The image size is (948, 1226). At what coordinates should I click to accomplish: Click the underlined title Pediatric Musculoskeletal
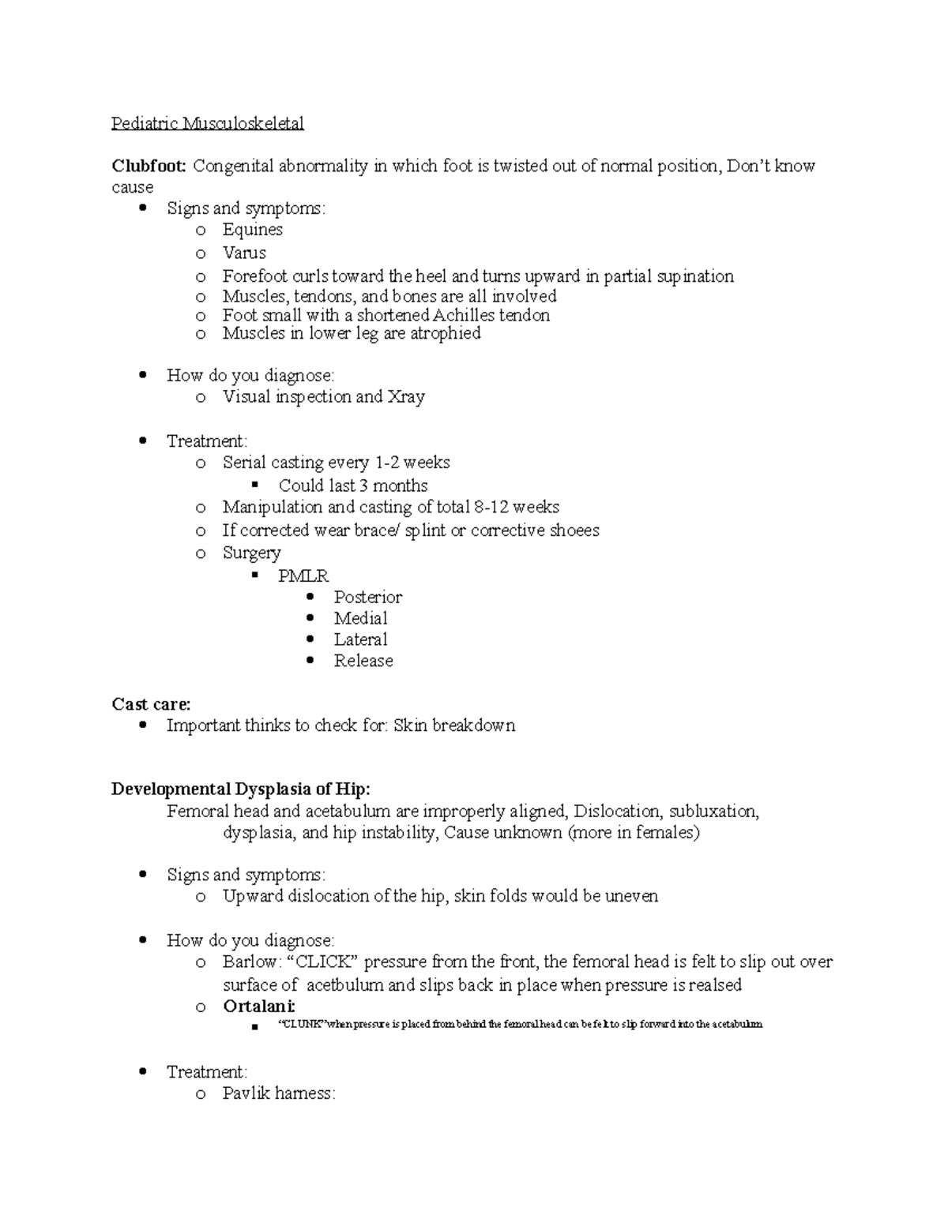pos(207,123)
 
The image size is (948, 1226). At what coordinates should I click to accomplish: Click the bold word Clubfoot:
pos(149,166)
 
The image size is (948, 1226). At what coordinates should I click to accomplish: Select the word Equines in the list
pos(252,230)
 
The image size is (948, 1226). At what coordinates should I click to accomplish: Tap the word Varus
pos(244,253)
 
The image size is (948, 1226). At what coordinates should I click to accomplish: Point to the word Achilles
pos(469,315)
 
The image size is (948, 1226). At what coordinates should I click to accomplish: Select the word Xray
pos(406,396)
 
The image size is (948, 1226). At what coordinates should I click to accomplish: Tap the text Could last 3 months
pos(352,486)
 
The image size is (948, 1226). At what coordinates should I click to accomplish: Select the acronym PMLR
pos(303,576)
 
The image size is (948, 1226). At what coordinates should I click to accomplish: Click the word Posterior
pos(367,597)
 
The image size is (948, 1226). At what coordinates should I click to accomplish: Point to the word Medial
pos(360,618)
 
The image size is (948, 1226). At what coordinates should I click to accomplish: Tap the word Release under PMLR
pos(363,661)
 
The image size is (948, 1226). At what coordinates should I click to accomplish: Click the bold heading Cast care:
pos(151,703)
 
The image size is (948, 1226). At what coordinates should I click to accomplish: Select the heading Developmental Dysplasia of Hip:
pos(240,789)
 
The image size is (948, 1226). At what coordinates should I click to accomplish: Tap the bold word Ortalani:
pos(259,1007)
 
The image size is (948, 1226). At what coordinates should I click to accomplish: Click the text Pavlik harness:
pos(279,1093)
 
